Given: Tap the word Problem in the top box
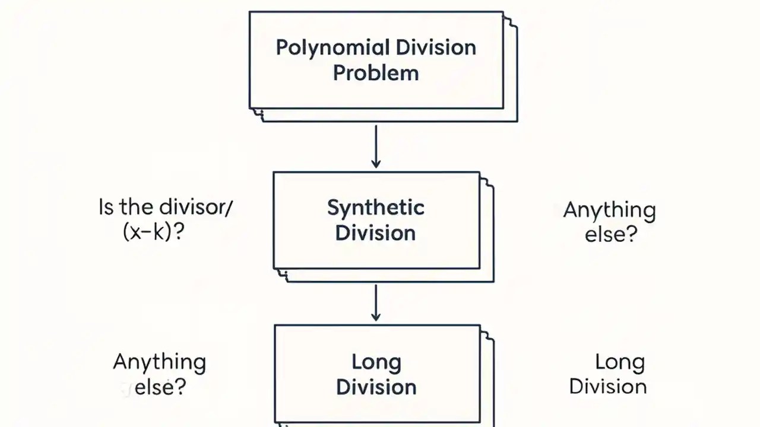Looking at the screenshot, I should [x=375, y=73].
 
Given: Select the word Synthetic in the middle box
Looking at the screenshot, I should [x=375, y=208].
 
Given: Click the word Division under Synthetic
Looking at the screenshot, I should [x=375, y=232].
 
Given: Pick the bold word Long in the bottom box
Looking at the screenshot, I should [x=376, y=362].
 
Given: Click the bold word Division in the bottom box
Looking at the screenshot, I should [x=376, y=387].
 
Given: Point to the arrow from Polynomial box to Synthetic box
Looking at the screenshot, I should [x=375, y=146].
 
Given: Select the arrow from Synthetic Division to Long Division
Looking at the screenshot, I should [x=375, y=302].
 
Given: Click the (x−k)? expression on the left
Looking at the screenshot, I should [x=153, y=232].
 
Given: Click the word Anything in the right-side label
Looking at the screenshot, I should [x=609, y=210].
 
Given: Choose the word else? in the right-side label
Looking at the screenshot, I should [x=610, y=234].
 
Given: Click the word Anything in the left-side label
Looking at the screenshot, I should [x=159, y=362].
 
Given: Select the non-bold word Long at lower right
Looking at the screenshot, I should [x=620, y=362].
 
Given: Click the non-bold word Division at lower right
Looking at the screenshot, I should [x=608, y=387].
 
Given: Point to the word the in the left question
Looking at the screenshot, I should [x=137, y=208].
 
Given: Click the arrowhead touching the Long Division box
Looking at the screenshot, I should [x=375, y=317].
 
